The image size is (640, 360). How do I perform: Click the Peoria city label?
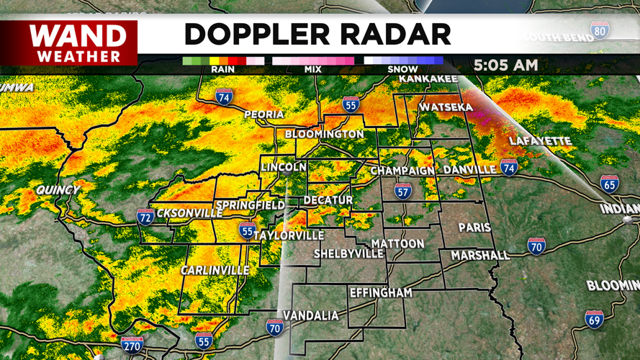pos(264,114)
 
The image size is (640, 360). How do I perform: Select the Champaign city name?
pos(402,171)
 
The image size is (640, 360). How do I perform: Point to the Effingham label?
pos(381,293)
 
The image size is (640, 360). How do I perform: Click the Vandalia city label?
pos(310,315)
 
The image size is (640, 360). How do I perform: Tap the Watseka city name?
pos(446,107)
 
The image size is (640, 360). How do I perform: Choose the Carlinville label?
pos(215,270)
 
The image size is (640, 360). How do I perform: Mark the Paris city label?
pos(474,228)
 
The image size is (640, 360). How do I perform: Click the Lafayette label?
pos(539,141)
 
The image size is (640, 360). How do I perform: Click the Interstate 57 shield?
pos(403,191)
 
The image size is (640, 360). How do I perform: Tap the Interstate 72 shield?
pos(145,217)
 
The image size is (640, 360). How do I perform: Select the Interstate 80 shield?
pos(600,30)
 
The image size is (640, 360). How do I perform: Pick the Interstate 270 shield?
pos(132,344)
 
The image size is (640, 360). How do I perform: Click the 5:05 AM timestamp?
pos(505,65)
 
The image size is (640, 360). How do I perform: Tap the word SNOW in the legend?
pos(403,70)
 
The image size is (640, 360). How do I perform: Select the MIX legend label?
pos(312,70)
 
